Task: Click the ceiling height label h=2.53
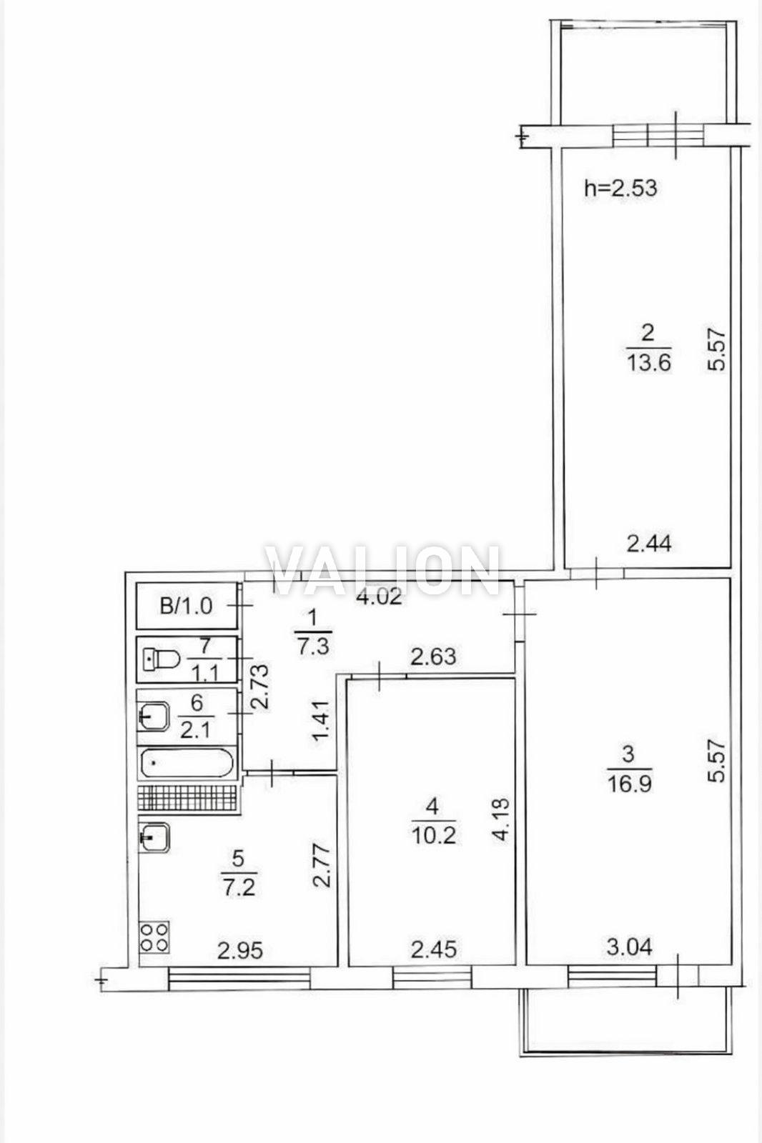tap(620, 189)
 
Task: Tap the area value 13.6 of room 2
tap(648, 364)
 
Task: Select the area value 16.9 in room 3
tap(629, 784)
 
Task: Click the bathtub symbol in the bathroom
tap(187, 764)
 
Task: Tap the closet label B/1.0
tap(186, 607)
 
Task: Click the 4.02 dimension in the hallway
tap(379, 597)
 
